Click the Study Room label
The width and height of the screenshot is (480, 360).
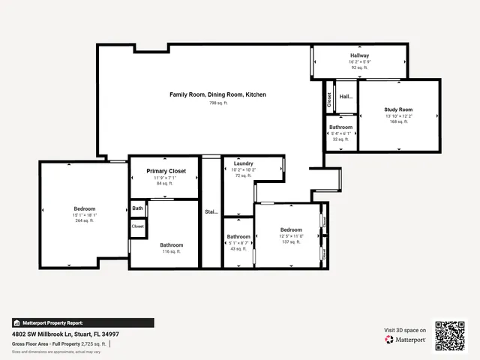point(398,109)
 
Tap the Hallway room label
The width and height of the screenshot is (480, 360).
point(359,56)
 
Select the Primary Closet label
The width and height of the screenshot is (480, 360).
point(163,171)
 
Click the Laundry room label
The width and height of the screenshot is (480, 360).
point(243,163)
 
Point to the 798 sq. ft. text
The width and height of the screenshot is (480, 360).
point(217,103)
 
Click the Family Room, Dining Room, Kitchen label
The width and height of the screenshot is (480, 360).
point(217,94)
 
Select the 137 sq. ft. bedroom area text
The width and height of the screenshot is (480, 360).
point(291,242)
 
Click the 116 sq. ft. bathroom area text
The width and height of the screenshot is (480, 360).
point(171,252)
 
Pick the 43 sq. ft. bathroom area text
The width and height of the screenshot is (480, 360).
point(238,249)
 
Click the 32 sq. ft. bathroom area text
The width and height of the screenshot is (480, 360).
point(340,139)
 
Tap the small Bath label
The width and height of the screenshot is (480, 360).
point(137,208)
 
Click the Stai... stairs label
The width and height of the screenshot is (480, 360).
point(211,211)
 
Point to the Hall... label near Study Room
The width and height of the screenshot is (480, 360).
point(346,97)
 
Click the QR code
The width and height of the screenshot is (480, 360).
point(451,334)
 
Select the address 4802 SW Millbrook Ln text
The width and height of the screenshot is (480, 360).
point(65,334)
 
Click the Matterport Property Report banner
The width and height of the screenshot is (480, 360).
point(52,322)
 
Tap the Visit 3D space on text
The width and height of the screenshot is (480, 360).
point(405,330)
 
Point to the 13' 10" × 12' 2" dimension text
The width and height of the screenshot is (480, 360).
point(398,115)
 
